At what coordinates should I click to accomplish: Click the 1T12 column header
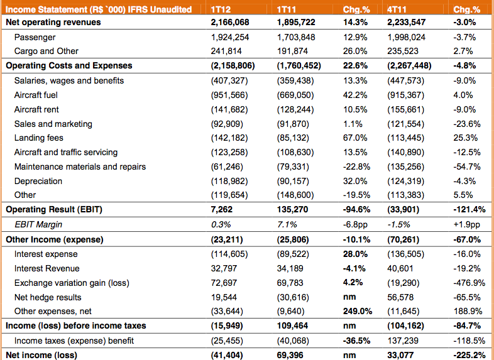tap(221, 9)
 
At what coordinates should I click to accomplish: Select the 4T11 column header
tap(397, 9)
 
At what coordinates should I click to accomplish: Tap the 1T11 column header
tap(286, 9)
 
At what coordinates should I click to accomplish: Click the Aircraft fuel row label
tap(36, 95)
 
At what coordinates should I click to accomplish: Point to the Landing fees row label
tap(39, 138)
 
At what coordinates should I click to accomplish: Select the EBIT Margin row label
tap(38, 224)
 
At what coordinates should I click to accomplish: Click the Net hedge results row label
tap(48, 297)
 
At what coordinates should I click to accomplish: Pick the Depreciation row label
tap(38, 182)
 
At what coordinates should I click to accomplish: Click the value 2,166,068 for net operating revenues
tap(230, 23)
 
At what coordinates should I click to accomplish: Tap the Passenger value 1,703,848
tap(296, 38)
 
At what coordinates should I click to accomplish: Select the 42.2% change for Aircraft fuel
tap(355, 95)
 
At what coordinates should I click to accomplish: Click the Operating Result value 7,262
tap(221, 210)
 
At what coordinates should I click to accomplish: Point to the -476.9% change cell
tap(469, 283)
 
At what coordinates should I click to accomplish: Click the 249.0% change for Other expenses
tap(357, 311)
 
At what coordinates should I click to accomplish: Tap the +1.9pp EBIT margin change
tap(466, 224)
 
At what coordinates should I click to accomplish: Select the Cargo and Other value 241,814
tap(226, 51)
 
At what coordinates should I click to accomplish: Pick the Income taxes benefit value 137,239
tap(403, 341)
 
